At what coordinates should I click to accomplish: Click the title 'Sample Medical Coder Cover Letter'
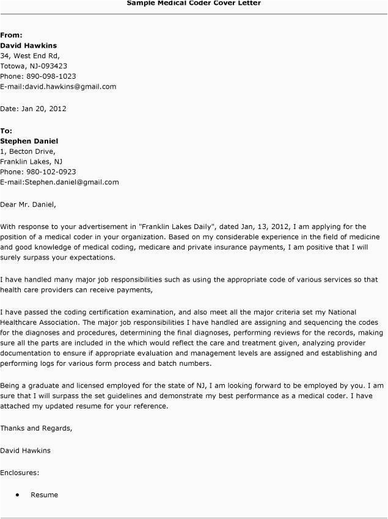[x=194, y=3]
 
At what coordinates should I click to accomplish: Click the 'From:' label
[x=12, y=35]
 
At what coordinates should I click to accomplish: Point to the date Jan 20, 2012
[x=43, y=109]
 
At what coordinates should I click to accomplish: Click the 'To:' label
[x=6, y=131]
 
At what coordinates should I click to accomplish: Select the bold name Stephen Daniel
[x=29, y=141]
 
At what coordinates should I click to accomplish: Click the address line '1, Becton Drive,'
[x=28, y=151]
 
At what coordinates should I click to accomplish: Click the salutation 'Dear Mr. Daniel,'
[x=32, y=205]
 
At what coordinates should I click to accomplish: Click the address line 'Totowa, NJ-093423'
[x=34, y=66]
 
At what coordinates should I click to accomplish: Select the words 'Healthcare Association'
[x=40, y=322]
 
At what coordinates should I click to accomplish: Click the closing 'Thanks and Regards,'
[x=36, y=428]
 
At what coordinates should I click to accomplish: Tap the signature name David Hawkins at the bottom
[x=26, y=451]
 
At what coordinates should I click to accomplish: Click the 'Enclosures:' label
[x=20, y=473]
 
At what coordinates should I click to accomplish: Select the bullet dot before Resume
[x=17, y=495]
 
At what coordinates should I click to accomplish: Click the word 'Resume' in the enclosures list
[x=45, y=495]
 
